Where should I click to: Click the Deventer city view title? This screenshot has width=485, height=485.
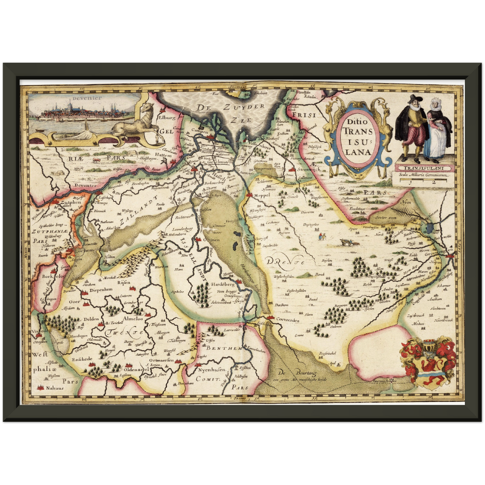[82, 98]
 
